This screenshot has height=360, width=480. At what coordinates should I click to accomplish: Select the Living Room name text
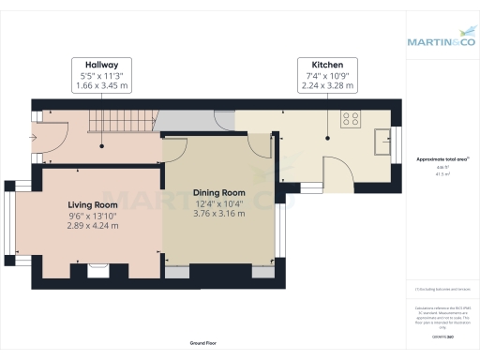click(93, 204)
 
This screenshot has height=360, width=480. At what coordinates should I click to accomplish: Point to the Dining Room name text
click(218, 193)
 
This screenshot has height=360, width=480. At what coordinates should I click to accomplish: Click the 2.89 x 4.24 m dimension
click(93, 226)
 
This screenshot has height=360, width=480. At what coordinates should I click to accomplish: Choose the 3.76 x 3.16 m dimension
click(218, 214)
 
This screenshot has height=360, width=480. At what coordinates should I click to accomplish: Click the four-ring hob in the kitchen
click(352, 119)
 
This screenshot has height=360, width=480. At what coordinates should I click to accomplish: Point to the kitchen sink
click(382, 141)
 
